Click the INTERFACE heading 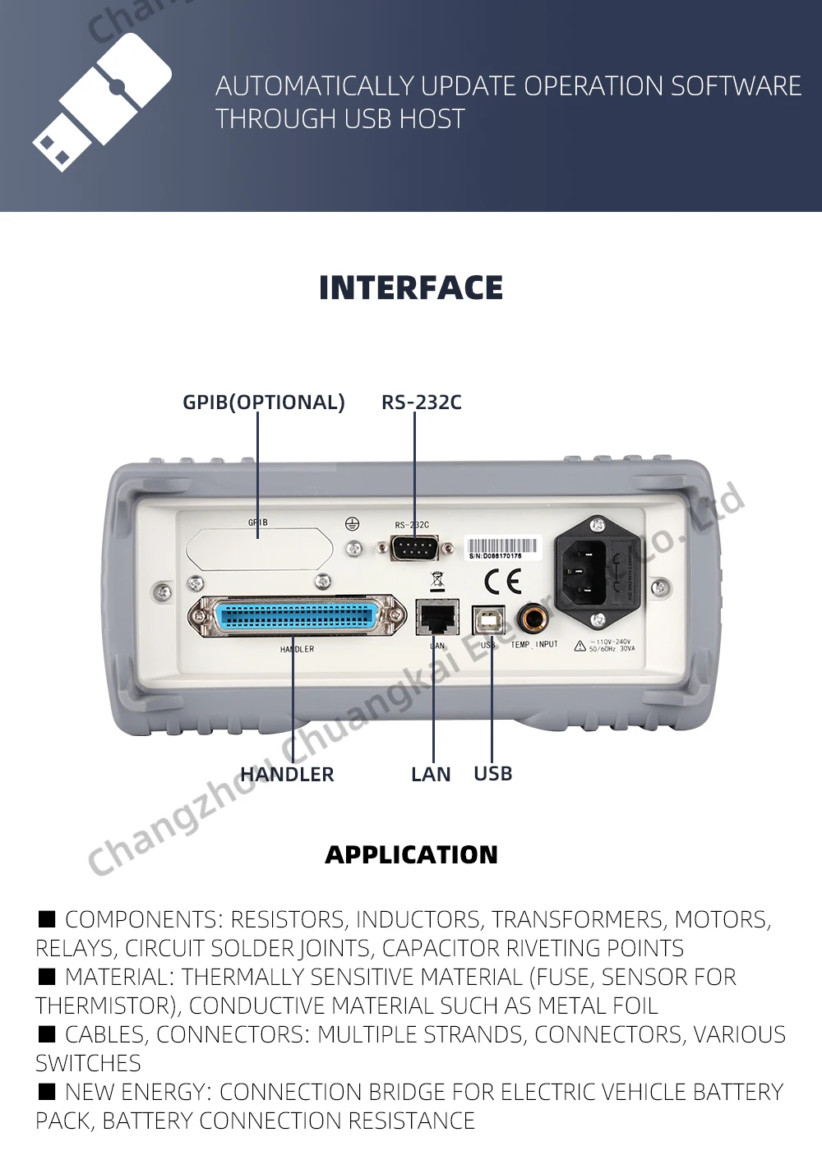[x=411, y=288]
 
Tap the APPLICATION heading [x=411, y=854]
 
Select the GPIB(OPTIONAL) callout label [x=263, y=402]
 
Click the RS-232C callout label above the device [x=421, y=402]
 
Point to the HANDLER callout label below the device [x=287, y=774]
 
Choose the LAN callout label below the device [x=431, y=774]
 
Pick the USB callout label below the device [x=492, y=773]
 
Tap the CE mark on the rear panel [x=502, y=582]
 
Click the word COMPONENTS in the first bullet [x=141, y=918]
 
